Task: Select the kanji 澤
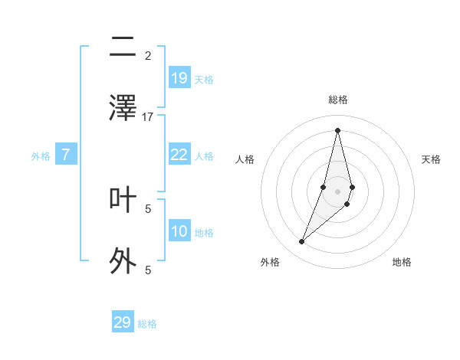(x=123, y=107)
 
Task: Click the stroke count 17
(x=148, y=116)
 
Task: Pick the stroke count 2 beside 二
(x=148, y=55)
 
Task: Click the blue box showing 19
(x=179, y=78)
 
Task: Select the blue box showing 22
(x=179, y=155)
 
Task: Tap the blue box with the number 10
(x=179, y=231)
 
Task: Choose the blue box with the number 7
(x=66, y=155)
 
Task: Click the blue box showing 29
(x=123, y=322)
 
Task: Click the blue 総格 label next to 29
(x=147, y=324)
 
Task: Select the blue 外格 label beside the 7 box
(x=41, y=156)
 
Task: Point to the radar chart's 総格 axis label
(x=337, y=100)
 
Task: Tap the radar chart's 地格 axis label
(x=402, y=262)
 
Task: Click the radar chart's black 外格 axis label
(x=270, y=262)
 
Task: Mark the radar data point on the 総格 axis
(x=337, y=130)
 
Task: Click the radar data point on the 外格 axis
(x=301, y=242)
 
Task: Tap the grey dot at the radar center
(x=337, y=191)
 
